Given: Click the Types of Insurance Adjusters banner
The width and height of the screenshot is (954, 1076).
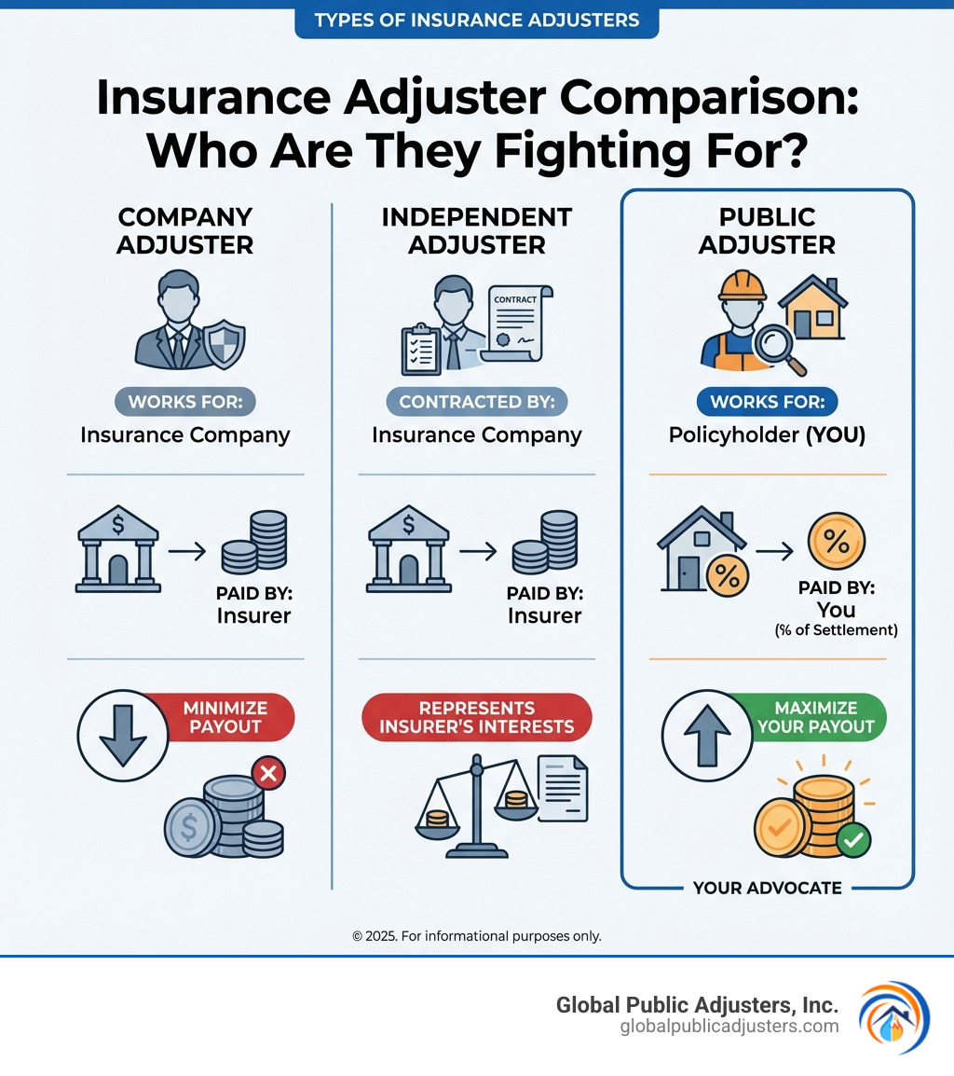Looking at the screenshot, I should tap(476, 20).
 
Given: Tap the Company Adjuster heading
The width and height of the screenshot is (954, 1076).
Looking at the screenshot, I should tap(185, 230).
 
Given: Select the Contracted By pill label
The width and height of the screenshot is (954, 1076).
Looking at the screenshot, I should tap(477, 402).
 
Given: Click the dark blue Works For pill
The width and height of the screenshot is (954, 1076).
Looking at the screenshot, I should tap(768, 402).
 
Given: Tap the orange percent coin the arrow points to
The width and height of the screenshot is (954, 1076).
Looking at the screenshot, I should tap(836, 541).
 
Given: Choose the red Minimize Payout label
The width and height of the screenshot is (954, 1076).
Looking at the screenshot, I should tap(225, 717).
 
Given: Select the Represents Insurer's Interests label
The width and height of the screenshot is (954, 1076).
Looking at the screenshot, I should tap(477, 717).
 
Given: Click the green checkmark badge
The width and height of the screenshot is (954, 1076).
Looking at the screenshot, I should tap(852, 841).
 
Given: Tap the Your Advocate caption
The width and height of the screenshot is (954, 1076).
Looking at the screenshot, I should tap(767, 888).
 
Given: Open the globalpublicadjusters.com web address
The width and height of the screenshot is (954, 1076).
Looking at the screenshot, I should tap(729, 1027).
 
